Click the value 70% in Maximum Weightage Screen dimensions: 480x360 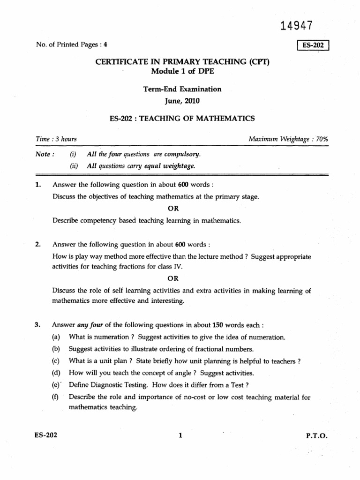point(322,139)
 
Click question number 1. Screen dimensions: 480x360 point(38,185)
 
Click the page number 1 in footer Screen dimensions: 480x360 point(180,435)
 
